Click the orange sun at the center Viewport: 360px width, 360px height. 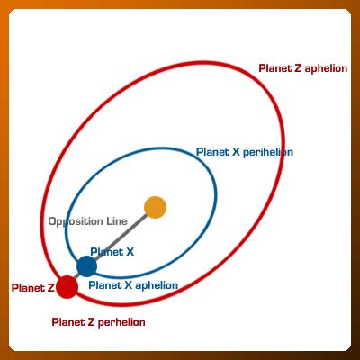[155, 207]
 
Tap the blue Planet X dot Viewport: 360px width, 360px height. [86, 266]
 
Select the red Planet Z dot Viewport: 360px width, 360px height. [67, 287]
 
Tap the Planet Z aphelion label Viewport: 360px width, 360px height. [303, 68]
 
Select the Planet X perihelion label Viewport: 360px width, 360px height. [245, 152]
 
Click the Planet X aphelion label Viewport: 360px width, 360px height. [133, 285]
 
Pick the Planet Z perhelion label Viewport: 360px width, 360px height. [98, 322]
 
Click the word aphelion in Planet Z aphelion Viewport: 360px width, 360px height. [326, 68]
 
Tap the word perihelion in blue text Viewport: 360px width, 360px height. [268, 152]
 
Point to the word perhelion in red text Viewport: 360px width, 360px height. [121, 323]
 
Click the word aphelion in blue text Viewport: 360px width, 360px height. [157, 285]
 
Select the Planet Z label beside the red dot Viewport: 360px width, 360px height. [32, 288]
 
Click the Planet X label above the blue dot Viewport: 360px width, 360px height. [112, 252]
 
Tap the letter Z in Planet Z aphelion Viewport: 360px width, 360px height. [298, 68]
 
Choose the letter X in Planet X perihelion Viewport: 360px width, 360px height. [236, 152]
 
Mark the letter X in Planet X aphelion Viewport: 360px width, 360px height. [128, 285]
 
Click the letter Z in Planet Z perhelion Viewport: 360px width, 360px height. [91, 322]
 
